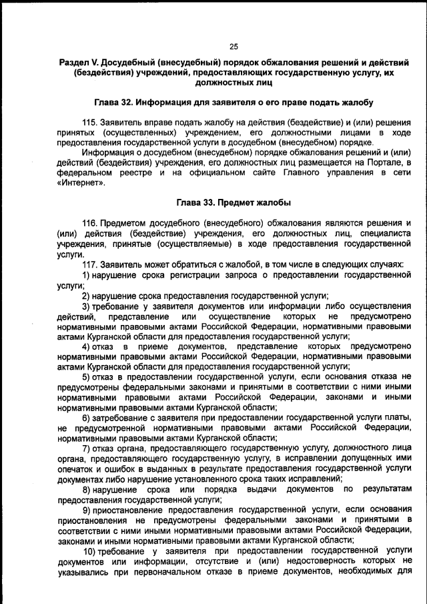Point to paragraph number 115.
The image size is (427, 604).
click(89, 123)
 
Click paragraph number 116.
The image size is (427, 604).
click(89, 222)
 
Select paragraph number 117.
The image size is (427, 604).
click(89, 264)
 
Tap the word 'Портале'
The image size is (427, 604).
click(384, 163)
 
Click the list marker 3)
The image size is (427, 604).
click(86, 306)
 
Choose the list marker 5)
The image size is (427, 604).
click(86, 376)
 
